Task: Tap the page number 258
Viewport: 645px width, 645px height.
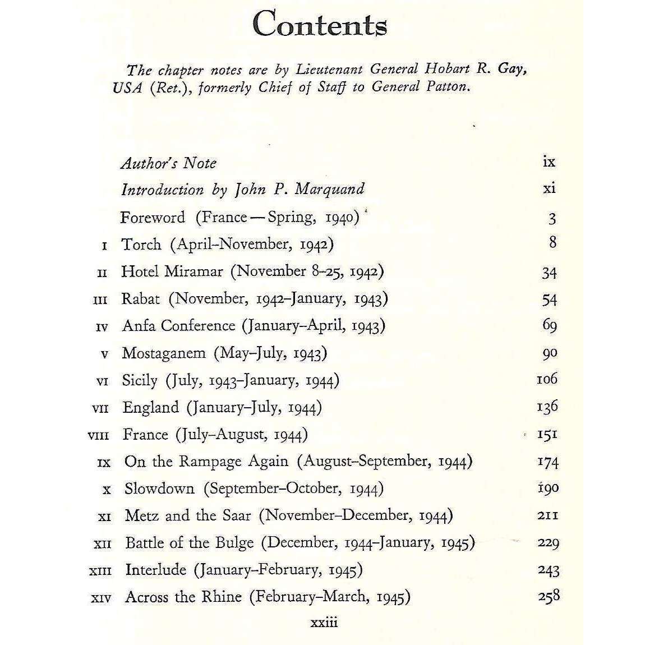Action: [x=548, y=596]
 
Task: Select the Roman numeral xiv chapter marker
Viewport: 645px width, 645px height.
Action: [x=101, y=598]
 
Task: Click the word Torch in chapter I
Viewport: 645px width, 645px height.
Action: [x=141, y=245]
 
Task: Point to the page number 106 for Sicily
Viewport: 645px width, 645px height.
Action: [x=547, y=379]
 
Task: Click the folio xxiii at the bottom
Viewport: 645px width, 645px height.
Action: [x=324, y=623]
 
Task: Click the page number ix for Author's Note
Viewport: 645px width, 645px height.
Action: [x=549, y=162]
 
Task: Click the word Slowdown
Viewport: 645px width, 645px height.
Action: [x=159, y=488]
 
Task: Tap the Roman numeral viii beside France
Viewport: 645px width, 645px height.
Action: [x=99, y=435]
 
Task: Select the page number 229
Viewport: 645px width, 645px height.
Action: [x=548, y=543]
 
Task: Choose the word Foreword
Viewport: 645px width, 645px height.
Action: [x=152, y=218]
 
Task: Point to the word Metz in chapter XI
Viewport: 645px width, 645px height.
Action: [x=142, y=515]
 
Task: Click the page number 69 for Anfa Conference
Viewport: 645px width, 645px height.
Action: [x=549, y=325]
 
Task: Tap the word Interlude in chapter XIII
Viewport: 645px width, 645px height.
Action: [x=155, y=569]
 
